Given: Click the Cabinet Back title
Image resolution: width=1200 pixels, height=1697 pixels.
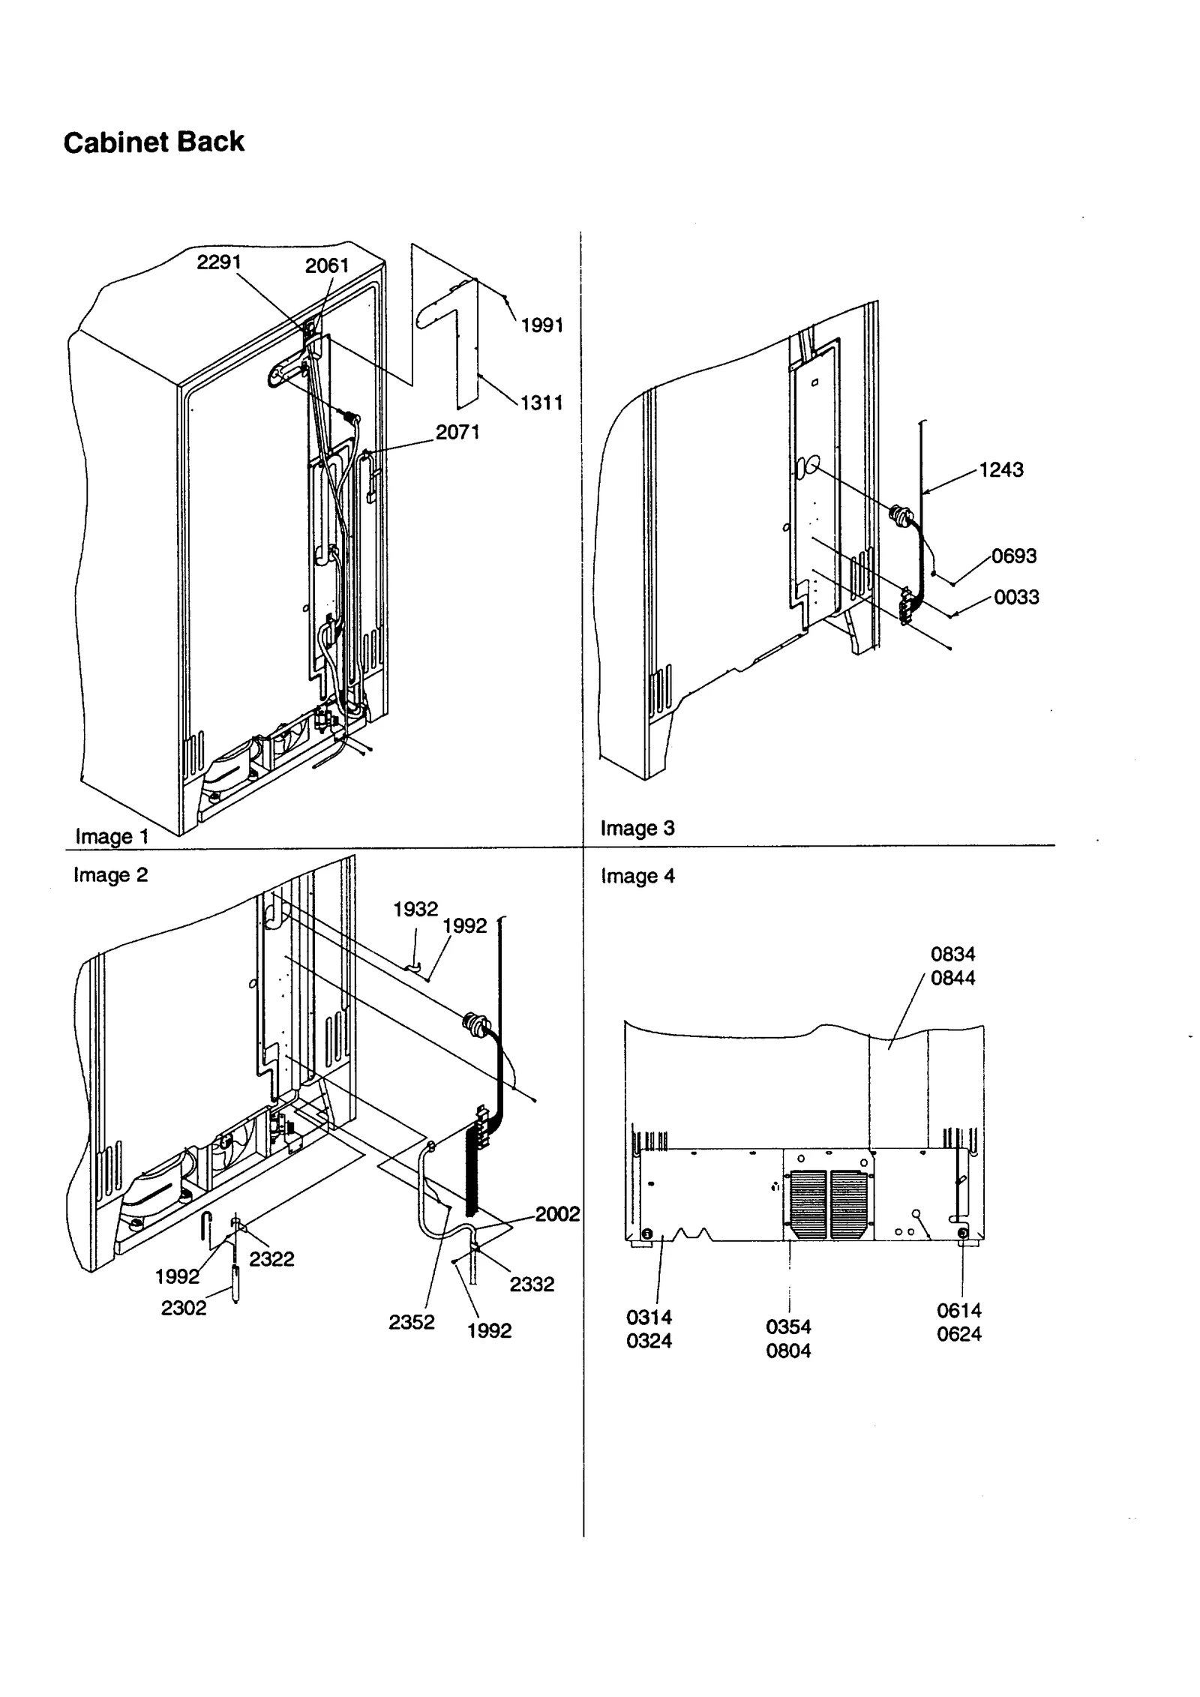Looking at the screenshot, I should point(154,142).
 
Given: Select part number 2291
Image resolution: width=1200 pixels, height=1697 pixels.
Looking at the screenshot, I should point(218,262).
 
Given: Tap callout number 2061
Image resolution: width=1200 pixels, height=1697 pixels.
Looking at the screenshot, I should point(327,265).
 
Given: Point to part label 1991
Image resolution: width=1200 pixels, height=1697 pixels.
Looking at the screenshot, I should point(541,325).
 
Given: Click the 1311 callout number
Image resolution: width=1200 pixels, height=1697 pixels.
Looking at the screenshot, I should point(541,403).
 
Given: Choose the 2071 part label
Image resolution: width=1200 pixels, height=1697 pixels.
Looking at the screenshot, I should point(457,432).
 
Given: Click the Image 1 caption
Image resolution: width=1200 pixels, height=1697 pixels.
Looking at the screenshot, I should point(112,836).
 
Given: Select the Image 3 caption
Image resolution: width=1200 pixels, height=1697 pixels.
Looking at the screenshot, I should point(637,828).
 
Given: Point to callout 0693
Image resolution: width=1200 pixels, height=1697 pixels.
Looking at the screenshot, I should point(1013,556).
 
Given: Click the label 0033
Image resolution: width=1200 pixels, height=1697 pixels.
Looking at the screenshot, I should point(1016,598).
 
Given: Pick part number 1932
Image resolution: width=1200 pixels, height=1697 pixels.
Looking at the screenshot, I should point(415,909).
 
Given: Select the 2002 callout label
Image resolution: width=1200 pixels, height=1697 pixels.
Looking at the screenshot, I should point(557,1214).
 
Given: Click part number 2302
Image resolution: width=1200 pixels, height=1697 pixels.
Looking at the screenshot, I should point(183,1308).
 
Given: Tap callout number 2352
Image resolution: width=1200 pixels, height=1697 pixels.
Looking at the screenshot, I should point(411,1322).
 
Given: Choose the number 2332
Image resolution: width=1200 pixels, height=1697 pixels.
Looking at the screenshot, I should point(532,1285).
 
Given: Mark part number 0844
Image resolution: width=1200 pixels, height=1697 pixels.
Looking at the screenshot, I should point(952,978).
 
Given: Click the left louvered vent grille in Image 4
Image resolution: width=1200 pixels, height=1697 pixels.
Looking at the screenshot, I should point(808,1204).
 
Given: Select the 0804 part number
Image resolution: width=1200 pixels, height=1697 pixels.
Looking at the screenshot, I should point(788,1351).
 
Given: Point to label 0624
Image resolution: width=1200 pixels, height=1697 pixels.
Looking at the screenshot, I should point(958,1334).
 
